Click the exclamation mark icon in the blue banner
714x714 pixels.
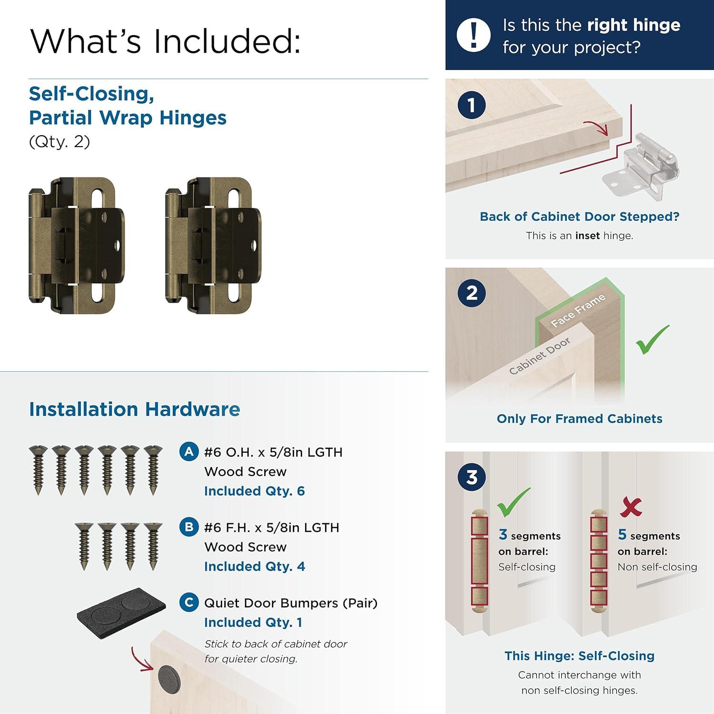pos(473,35)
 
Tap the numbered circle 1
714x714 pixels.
pos(471,105)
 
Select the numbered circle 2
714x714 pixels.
pos(471,293)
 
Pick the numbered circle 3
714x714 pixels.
pos(471,477)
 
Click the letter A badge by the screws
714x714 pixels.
pos(189,451)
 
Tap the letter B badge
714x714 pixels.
pos(189,527)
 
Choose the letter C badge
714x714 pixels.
pos(189,602)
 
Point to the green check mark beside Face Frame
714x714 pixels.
pos(653,340)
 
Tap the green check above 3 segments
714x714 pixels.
pos(513,503)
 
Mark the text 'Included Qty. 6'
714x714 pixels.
pos(254,491)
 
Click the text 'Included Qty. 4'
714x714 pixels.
pos(254,566)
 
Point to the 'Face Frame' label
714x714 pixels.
pos(578,310)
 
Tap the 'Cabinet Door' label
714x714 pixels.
pos(539,356)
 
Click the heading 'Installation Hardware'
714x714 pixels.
pos(135,409)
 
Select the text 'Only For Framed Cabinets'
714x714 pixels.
pos(579,419)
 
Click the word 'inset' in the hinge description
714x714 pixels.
pos(587,236)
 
